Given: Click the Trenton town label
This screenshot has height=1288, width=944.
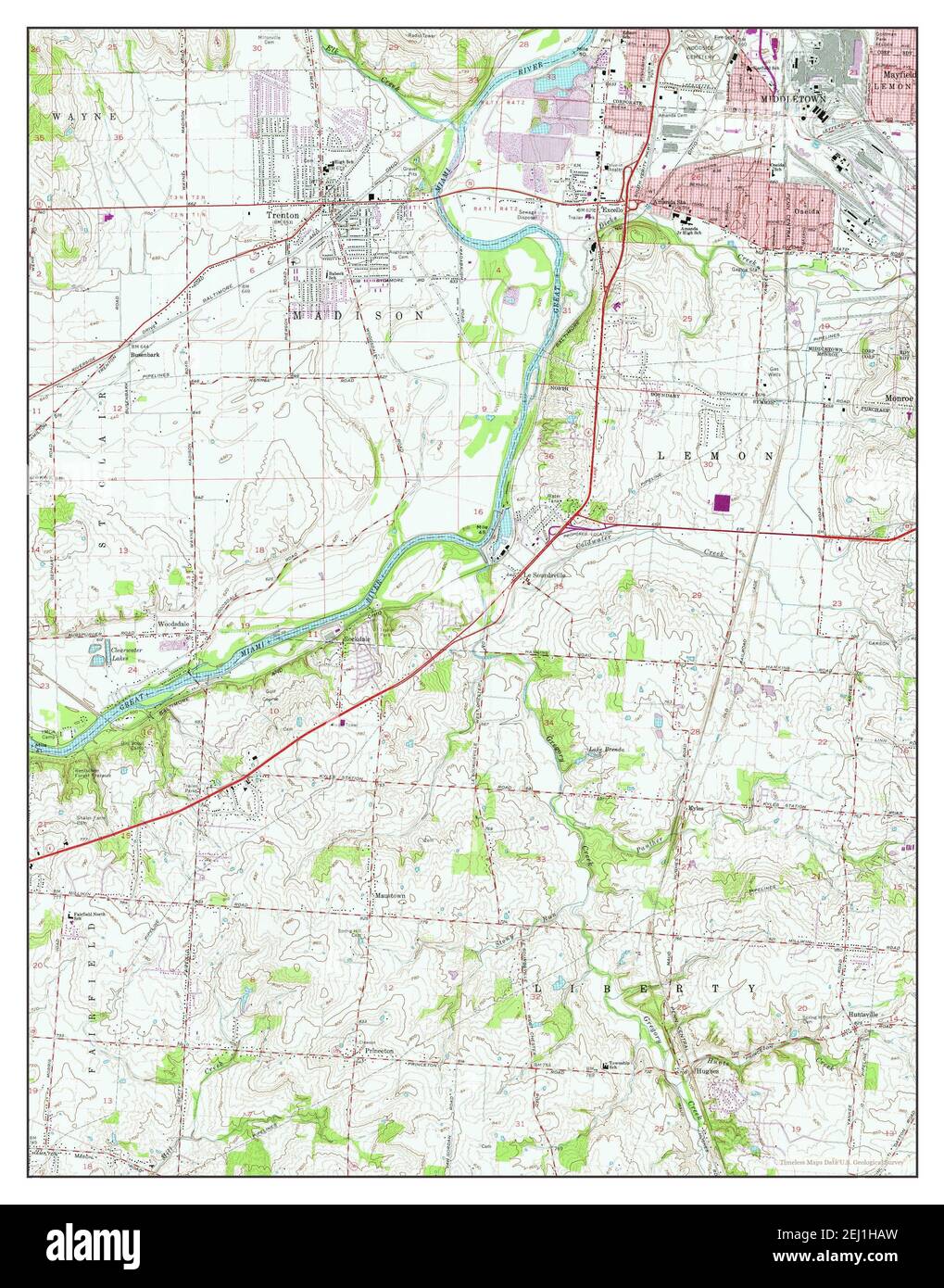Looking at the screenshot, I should point(281,211).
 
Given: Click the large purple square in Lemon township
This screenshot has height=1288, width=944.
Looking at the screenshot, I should point(723,503).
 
